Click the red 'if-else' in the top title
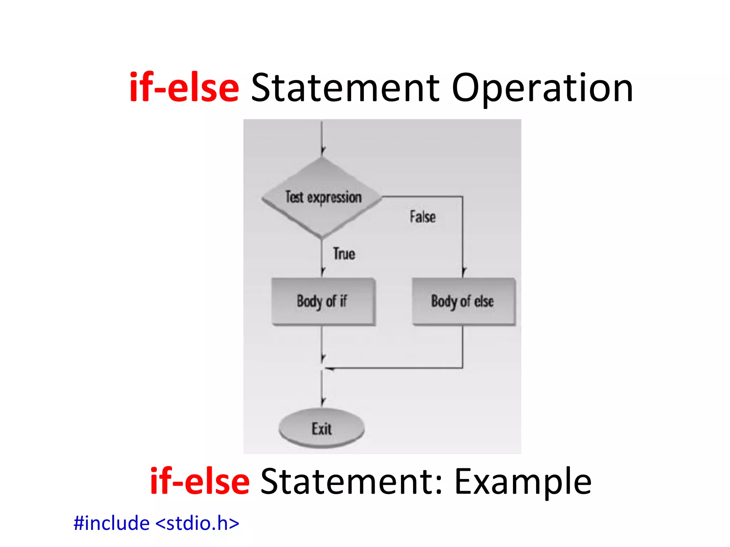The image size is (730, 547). (x=184, y=88)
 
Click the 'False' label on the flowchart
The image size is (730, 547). (x=422, y=217)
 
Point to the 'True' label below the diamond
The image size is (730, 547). (x=344, y=254)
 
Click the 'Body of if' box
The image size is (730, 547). (x=323, y=301)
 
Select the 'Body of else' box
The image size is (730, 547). (x=463, y=301)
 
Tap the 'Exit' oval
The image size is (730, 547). (x=322, y=428)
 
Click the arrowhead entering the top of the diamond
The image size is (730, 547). (x=322, y=151)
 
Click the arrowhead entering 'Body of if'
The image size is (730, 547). (x=322, y=272)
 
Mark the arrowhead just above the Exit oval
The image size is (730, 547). (x=322, y=401)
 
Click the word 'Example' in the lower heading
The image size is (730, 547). (x=523, y=481)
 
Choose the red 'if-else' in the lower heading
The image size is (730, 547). (x=200, y=481)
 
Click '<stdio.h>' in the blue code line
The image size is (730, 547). (x=197, y=523)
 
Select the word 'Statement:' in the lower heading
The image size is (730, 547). (x=351, y=481)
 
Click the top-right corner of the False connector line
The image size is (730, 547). (x=463, y=197)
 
